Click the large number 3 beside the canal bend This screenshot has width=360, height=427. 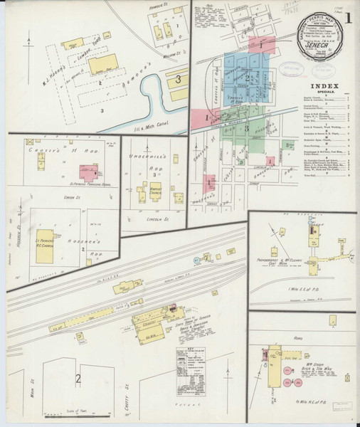click(x=178, y=78)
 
